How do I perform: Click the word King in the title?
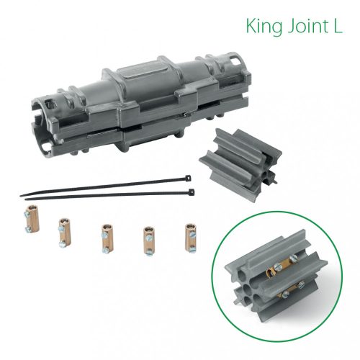(263, 27)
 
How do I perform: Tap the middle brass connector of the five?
(105, 235)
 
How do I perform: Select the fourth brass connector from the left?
(148, 236)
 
